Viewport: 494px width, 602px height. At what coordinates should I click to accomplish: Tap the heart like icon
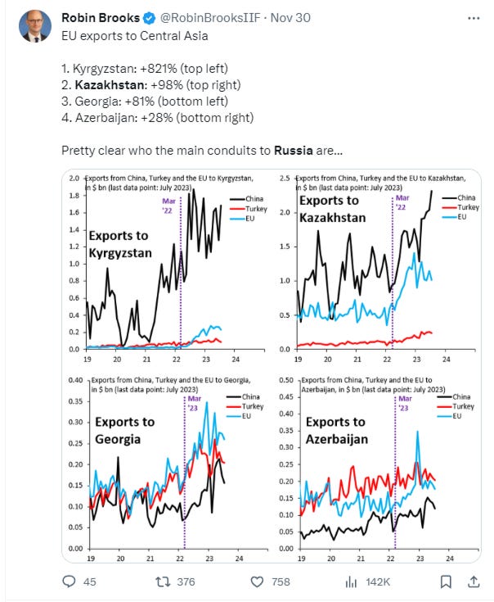coord(257,582)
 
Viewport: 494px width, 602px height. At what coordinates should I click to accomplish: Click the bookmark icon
coord(446,582)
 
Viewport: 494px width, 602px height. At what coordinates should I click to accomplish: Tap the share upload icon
coord(473,582)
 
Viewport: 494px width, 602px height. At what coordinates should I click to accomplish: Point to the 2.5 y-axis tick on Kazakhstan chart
coord(285,179)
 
